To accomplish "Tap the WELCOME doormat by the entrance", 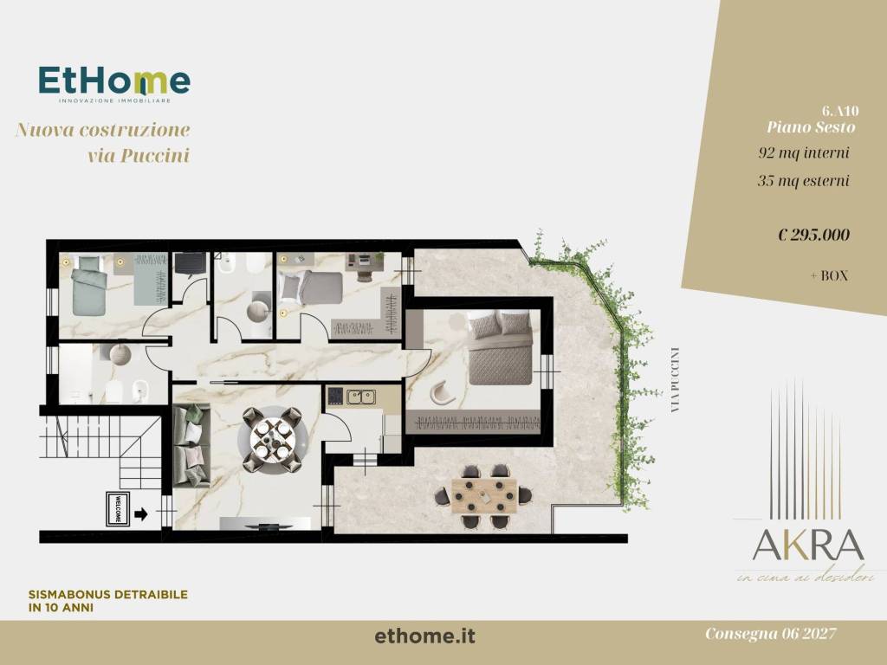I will point(118,508).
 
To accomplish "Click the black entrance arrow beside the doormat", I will point(141,515).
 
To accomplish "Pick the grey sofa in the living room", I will point(191,446).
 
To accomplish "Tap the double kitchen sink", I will point(360,397).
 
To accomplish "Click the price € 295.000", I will point(813,235).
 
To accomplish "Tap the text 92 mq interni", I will point(802,153).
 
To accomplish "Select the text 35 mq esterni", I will point(802,181).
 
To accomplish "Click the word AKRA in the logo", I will point(807,546).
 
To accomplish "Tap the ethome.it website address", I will point(425,636).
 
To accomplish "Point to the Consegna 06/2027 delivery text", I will point(770,635).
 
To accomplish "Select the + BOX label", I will point(829,276).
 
